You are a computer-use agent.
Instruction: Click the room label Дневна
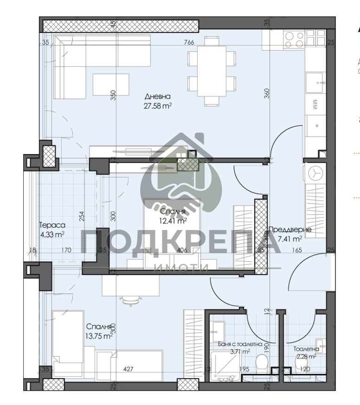pos(158,97)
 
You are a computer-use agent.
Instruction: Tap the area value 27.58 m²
pos(158,105)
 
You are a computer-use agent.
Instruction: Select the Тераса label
pos(51,226)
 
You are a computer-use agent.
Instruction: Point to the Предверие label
pos(290,229)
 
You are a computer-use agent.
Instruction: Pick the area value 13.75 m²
pos(99,336)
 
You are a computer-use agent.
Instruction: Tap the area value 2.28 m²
pos(306,357)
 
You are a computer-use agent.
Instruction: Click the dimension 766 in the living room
pos(189,42)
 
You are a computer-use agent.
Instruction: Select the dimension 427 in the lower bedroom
pos(129,370)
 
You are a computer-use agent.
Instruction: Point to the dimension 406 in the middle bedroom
pos(182,250)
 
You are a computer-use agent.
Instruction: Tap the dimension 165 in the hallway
pos(297,250)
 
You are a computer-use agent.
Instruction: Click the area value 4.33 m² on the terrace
pos(51,235)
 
